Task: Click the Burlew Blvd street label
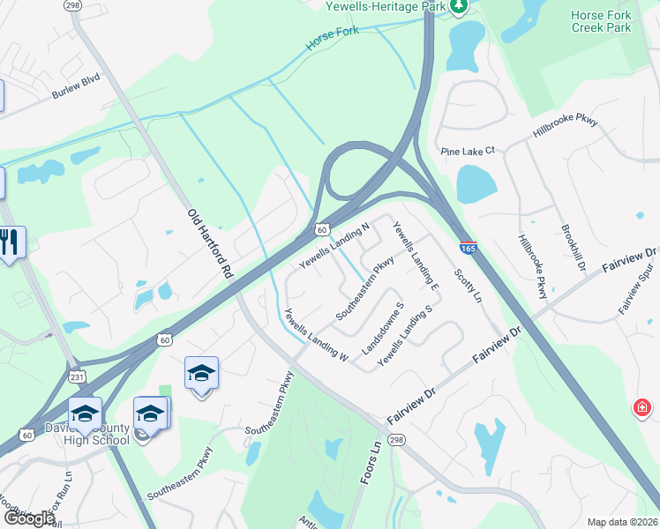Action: (x=75, y=88)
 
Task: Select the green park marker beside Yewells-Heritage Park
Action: (x=458, y=7)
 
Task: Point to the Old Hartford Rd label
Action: (x=209, y=244)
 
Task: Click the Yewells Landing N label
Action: (x=334, y=247)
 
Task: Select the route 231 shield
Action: (x=77, y=376)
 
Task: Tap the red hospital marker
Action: (x=643, y=407)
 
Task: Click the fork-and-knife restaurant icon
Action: (x=11, y=242)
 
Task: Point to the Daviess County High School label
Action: (x=99, y=434)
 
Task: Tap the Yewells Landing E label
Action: (x=416, y=256)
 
